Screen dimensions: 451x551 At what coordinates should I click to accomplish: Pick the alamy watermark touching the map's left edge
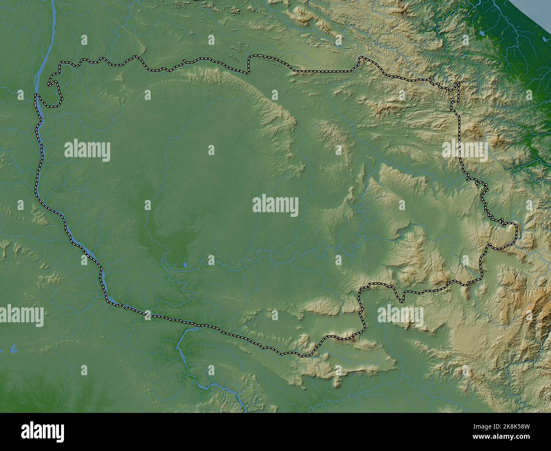[x=21, y=315]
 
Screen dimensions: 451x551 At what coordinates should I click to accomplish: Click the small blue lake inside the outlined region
[x=185, y=266]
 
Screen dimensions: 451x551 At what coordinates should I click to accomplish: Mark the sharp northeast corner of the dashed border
[x=458, y=83]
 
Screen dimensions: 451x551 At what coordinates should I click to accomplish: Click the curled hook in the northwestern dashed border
[x=52, y=80]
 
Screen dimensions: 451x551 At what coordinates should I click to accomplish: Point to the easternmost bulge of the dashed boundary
[x=516, y=231]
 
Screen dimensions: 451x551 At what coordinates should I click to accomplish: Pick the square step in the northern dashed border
[x=250, y=64]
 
